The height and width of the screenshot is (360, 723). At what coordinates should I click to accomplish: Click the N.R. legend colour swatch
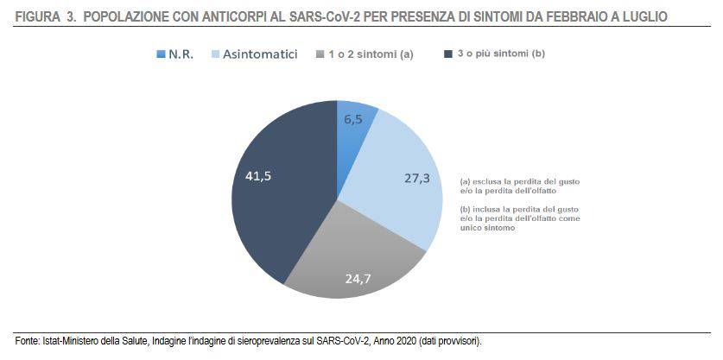tap(161, 54)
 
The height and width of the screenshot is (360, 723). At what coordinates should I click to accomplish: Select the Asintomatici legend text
tap(260, 54)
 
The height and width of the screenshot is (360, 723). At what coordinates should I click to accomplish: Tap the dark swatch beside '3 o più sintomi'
tap(448, 54)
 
